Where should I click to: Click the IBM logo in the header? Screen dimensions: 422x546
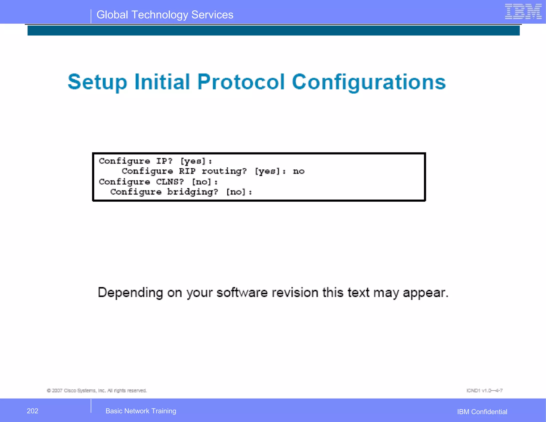point(523,12)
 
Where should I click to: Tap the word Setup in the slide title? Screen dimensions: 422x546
point(97,82)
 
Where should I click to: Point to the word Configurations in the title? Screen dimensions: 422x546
point(368,82)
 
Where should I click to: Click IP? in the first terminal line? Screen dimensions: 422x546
point(164,161)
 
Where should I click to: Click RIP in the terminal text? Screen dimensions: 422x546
point(187,171)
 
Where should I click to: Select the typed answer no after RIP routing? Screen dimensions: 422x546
point(299,171)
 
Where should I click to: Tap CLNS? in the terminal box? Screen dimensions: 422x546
point(170,182)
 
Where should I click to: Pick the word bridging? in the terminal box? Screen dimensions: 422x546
point(192,192)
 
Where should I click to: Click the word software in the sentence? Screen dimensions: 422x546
point(242,293)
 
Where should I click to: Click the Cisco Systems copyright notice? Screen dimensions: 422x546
point(97,391)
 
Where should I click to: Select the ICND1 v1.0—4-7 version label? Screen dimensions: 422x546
point(484,391)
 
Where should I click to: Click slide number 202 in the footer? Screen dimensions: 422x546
point(33,411)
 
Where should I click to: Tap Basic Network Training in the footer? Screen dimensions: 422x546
point(141,411)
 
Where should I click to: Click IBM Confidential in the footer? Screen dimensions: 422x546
point(482,412)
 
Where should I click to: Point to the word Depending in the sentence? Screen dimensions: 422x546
point(130,293)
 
